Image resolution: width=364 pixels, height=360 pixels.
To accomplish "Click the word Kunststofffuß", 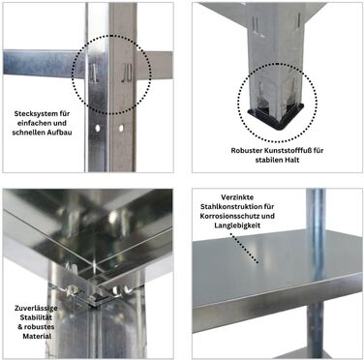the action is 284,151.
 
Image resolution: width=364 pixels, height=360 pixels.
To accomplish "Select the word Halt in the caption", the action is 292,160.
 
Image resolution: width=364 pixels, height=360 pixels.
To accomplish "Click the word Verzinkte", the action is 237,197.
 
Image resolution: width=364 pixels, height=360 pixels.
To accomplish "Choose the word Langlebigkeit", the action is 237,225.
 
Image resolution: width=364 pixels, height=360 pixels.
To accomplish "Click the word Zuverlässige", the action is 36,308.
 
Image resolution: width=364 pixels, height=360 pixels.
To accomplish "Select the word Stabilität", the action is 36,317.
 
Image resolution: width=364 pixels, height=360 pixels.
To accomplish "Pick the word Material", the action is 37,336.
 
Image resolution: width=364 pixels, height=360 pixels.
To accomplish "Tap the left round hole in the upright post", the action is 97,129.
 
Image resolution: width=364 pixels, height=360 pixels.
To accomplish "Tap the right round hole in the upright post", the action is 121,129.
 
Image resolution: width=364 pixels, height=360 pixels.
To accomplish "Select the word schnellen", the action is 29,133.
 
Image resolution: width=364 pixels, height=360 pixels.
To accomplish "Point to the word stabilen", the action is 269,160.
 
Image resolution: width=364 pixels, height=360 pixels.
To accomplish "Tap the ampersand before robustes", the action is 20,327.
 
